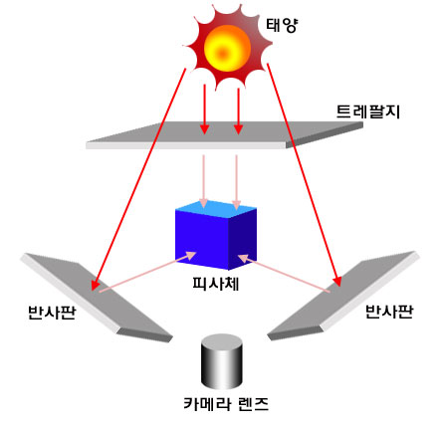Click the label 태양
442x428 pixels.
click(282, 25)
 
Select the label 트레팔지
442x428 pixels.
click(368, 111)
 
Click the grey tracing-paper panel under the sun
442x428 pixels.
click(224, 135)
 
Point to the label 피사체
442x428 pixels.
click(216, 284)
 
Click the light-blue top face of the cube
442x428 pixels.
click(216, 210)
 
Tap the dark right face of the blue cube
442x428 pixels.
click(243, 239)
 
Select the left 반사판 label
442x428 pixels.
click(52, 313)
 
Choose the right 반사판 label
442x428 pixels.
click(389, 312)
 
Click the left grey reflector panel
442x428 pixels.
click(97, 298)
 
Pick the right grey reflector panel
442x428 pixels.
click(342, 296)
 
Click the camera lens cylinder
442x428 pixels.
click(222, 361)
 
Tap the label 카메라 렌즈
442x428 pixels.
click(226, 404)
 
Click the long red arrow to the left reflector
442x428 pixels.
click(138, 179)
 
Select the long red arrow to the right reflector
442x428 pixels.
click(305, 174)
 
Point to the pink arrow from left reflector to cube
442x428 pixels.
click(147, 272)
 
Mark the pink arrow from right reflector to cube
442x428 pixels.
click(284, 274)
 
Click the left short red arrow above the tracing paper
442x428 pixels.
click(205, 109)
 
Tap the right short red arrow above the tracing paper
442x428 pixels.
click(238, 110)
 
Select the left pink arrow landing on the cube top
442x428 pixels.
click(203, 181)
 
